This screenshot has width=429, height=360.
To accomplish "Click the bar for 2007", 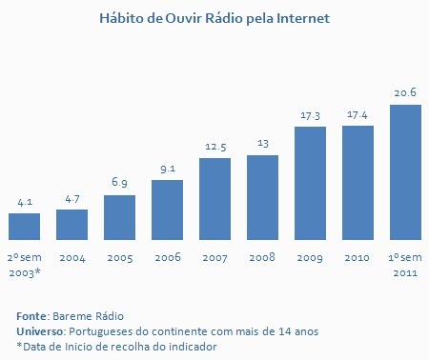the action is point(214,199).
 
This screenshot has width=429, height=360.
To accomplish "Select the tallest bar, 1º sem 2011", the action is point(405,172).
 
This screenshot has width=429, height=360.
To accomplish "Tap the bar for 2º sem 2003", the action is point(24,227).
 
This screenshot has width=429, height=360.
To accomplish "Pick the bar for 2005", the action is point(119,217).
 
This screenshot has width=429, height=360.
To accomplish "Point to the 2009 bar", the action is point(310,184).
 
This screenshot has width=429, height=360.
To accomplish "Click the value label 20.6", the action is point(405,92).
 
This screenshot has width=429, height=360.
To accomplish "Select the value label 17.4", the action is point(357,114).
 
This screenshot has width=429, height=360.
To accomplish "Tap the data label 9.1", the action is point(168,169).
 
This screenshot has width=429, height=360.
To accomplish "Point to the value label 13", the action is point(263,144).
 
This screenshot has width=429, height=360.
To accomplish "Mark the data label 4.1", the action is point(25,202).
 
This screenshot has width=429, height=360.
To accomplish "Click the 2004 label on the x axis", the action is point(72,258).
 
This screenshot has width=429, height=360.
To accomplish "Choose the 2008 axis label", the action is point(262,257).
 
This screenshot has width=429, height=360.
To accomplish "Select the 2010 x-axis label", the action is point(357,257).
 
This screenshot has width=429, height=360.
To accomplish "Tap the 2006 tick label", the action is point(168,257).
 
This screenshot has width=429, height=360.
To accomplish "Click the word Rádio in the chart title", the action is point(224,18).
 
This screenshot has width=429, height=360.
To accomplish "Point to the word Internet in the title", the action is point(303,18).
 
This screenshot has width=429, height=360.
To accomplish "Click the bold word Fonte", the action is point(31,316).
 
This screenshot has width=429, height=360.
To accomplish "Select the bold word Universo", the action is point(40,331).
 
